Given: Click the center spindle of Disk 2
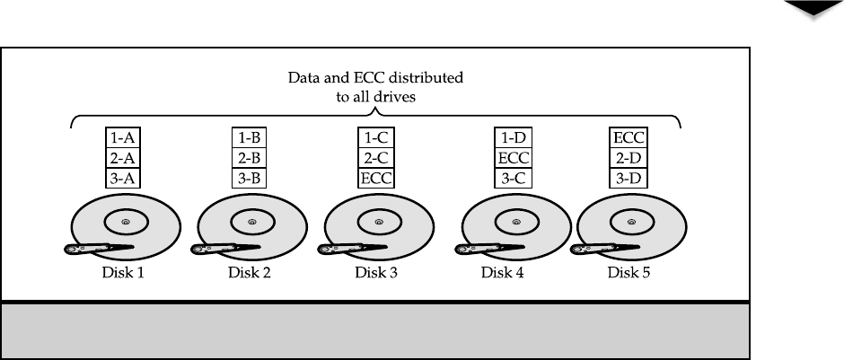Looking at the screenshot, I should point(251,221).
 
